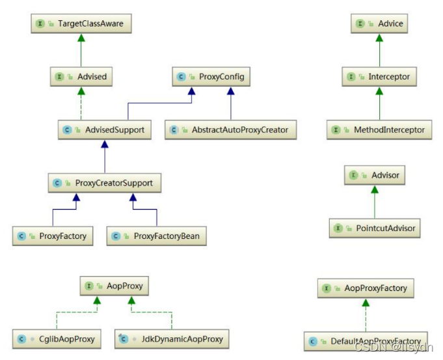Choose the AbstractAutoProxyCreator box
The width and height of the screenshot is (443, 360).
[x=231, y=130]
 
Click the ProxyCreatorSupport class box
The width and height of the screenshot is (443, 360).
[x=104, y=183]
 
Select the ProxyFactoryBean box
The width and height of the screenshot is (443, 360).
[x=156, y=236]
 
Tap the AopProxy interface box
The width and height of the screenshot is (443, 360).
[x=114, y=286]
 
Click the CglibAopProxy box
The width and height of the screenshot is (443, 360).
[x=57, y=339]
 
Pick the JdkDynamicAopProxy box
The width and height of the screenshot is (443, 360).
[x=172, y=339]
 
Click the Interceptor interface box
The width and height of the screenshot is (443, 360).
[x=380, y=77]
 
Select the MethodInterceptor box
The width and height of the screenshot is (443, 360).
[x=379, y=130]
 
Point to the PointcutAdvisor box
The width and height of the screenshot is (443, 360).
[x=375, y=228]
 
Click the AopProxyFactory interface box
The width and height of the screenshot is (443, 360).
[x=366, y=288]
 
